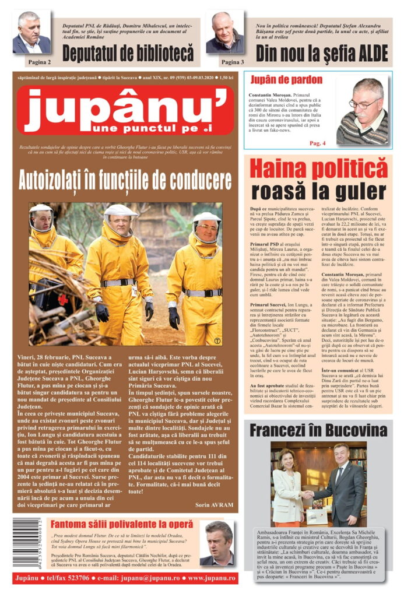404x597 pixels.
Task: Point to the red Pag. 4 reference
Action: coord(318,143)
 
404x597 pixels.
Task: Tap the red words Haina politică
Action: coord(318,168)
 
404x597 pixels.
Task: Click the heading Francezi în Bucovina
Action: coord(318,431)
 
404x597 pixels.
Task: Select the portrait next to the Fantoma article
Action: coord(218,543)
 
